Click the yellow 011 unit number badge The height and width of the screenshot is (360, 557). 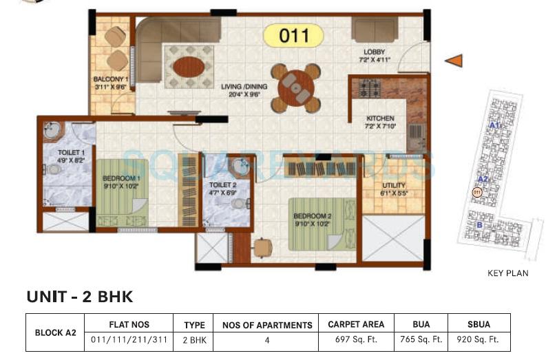pyautogui.click(x=294, y=35)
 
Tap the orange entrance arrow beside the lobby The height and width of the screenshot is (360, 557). pyautogui.click(x=453, y=61)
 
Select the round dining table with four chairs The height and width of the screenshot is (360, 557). pyautogui.click(x=295, y=87)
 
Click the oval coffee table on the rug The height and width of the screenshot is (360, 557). pyautogui.click(x=188, y=67)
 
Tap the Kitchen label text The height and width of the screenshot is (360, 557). pyautogui.click(x=379, y=118)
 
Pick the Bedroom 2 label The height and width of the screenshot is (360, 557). pyautogui.click(x=312, y=216)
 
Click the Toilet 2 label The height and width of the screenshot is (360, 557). pyautogui.click(x=222, y=186)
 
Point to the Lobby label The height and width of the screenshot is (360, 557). pyautogui.click(x=375, y=52)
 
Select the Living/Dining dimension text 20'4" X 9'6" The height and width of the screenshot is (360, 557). pyautogui.click(x=241, y=96)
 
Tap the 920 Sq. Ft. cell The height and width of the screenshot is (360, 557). pyautogui.click(x=479, y=339)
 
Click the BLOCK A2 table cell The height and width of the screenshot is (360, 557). pyautogui.click(x=55, y=332)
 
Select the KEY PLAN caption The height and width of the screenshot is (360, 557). pyautogui.click(x=507, y=273)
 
